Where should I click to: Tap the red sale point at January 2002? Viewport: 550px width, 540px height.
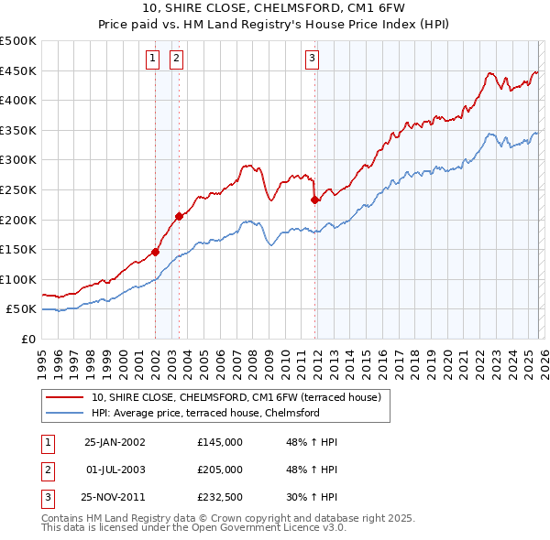point(156,252)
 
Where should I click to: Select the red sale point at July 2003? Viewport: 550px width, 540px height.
point(179,216)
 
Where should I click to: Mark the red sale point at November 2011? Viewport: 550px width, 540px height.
point(314,200)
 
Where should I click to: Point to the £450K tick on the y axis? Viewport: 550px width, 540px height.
point(18,71)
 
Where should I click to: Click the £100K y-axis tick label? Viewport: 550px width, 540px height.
point(18,279)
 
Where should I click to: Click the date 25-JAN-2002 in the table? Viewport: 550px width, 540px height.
point(115,442)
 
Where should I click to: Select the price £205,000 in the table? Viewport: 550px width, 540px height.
point(220,470)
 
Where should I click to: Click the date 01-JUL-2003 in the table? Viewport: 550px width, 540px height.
point(115,470)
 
